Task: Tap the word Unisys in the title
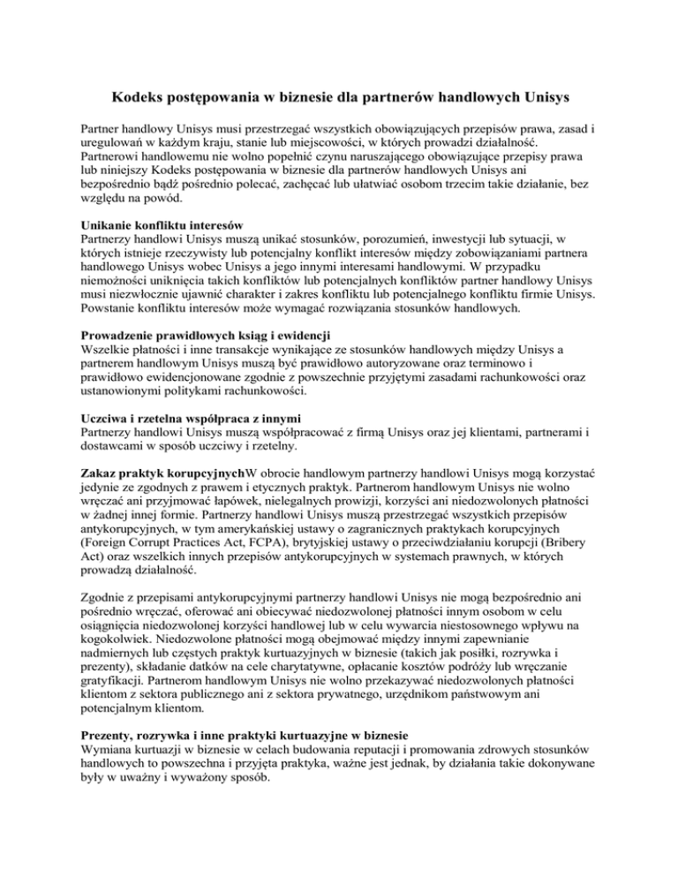540,95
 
